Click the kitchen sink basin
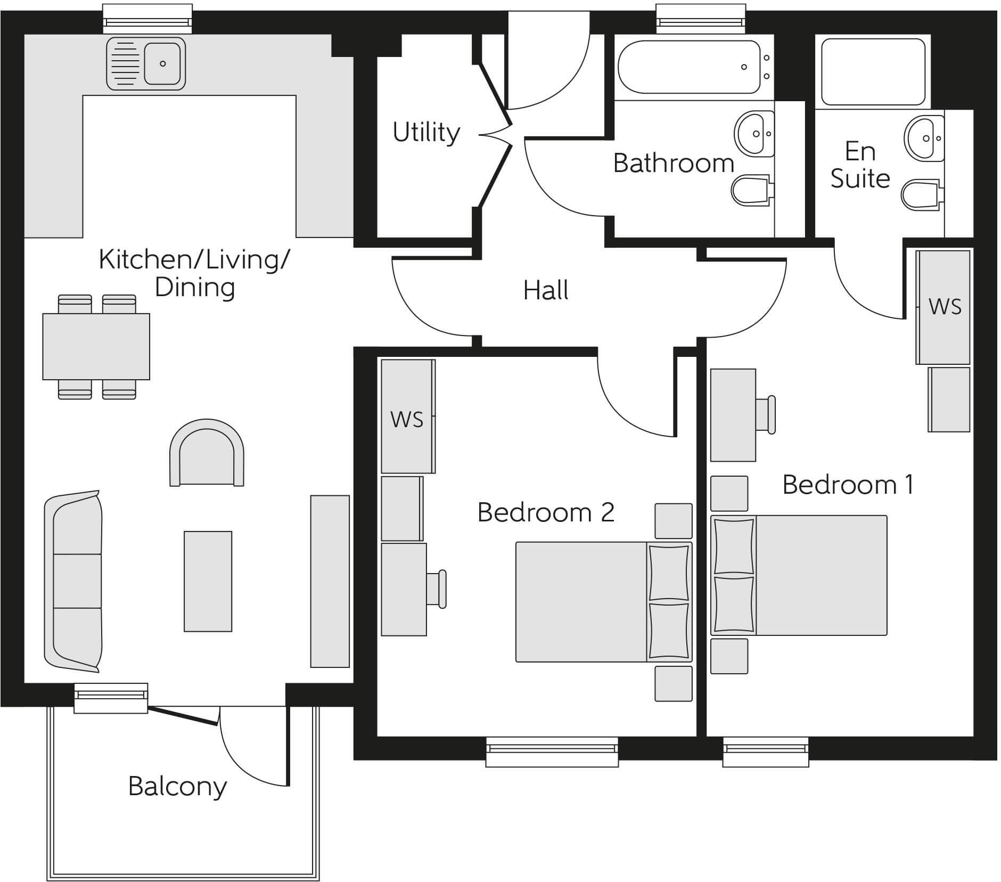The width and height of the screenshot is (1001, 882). (162, 63)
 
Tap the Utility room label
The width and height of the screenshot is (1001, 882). (426, 132)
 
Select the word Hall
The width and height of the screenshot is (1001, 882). (546, 290)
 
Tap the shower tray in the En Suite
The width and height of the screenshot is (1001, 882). (873, 71)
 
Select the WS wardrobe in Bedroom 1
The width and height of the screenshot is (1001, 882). (943, 307)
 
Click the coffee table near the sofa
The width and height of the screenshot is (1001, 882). (208, 581)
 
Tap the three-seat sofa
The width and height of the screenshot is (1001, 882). (73, 581)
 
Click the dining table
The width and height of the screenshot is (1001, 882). (96, 346)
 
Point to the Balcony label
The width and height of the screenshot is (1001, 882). (177, 786)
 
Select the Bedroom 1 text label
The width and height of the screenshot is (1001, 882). (848, 485)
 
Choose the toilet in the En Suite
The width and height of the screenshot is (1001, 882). (920, 194)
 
